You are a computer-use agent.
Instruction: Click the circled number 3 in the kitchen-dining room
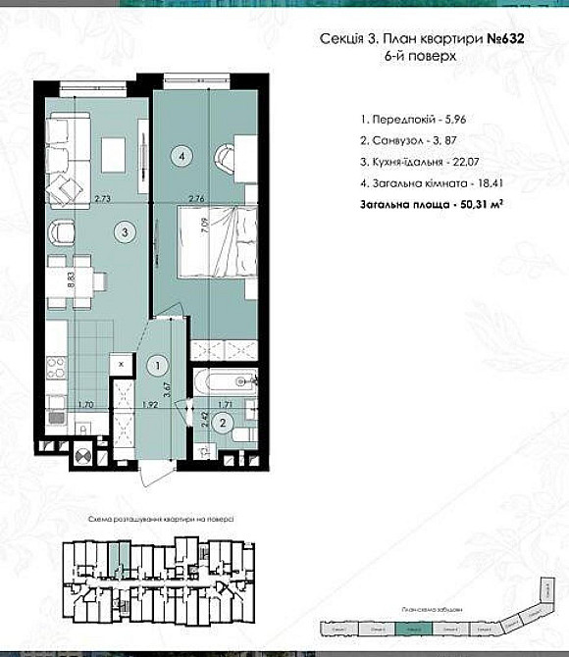(x=123, y=232)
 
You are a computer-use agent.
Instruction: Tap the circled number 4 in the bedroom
(x=181, y=153)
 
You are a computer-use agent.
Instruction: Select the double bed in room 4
(x=213, y=240)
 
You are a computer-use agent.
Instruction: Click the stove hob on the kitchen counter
(x=56, y=368)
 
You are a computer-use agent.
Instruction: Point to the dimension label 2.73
(x=102, y=200)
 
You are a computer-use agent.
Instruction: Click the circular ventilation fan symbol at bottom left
(x=82, y=456)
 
